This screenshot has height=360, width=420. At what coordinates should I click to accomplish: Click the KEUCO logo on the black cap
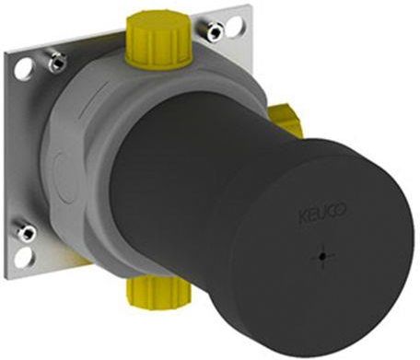pyautogui.click(x=322, y=213)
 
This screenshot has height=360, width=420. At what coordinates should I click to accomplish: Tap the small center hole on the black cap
pyautogui.click(x=322, y=257)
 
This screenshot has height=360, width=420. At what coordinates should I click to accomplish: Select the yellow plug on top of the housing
pyautogui.click(x=159, y=40)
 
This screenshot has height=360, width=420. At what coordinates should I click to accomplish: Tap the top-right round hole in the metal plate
pyautogui.click(x=235, y=24)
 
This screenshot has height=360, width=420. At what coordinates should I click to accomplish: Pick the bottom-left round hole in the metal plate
pyautogui.click(x=24, y=257)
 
